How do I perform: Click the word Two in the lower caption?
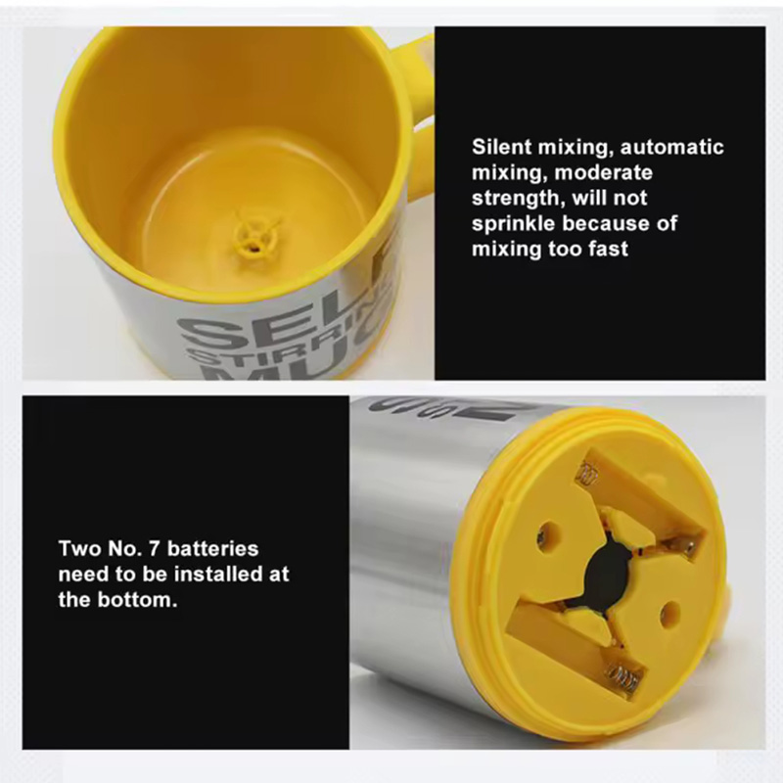point(79,549)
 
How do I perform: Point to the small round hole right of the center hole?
point(669,614)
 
